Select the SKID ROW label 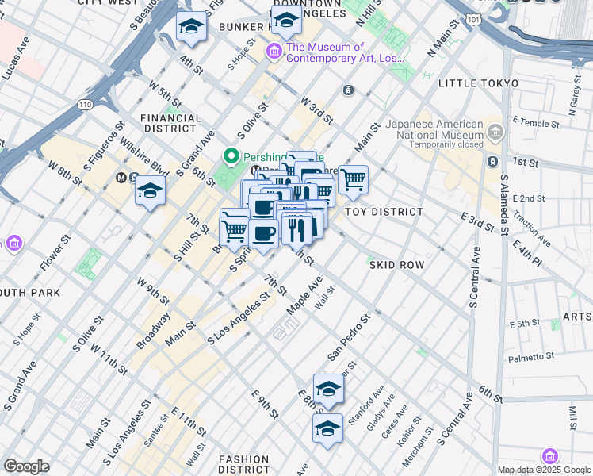click(x=396, y=264)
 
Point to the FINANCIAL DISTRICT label click(x=170, y=123)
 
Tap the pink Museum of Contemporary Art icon click(x=274, y=52)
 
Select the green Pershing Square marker click(x=231, y=156)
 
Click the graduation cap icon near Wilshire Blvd click(x=149, y=191)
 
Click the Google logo click(x=27, y=466)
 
